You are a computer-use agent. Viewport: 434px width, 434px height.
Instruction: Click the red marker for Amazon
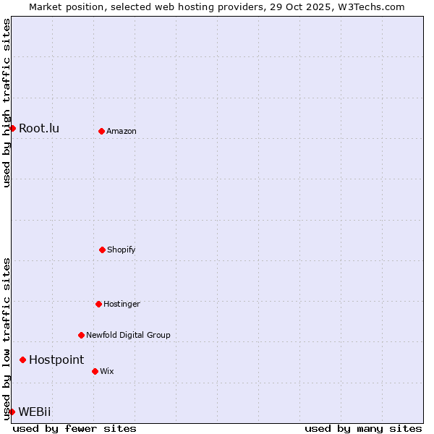pos(101,131)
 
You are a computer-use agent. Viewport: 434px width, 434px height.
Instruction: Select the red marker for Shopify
pos(102,250)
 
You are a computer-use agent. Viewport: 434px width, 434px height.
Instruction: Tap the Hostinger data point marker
pos(98,304)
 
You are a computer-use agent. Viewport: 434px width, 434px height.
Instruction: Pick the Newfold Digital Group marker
pos(81,335)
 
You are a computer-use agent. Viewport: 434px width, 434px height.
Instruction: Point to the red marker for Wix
pos(95,371)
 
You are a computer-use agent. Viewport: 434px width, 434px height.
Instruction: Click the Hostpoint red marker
pos(22,359)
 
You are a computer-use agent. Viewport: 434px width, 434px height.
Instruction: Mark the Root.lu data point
pos(12,128)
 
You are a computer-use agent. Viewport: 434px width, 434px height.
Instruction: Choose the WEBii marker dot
pos(12,412)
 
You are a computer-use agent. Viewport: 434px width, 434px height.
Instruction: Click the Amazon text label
pos(122,131)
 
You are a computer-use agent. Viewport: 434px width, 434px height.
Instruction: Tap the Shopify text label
pos(122,250)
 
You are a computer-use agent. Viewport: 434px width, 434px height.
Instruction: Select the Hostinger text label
pos(122,304)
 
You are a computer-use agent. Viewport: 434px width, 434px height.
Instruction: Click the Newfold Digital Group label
pos(128,335)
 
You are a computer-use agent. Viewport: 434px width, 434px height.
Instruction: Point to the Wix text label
pos(107,371)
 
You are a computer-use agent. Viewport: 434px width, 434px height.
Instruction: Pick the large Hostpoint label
pos(56,359)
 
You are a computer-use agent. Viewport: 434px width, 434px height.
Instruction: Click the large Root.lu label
pos(39,128)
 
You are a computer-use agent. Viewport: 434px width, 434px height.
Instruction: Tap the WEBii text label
pos(35,412)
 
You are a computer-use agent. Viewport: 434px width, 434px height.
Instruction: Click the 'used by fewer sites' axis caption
pos(75,428)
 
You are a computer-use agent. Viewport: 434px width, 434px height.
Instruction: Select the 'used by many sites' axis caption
pos(363,428)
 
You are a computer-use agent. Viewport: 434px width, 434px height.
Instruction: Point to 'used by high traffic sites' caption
pos(7,103)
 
